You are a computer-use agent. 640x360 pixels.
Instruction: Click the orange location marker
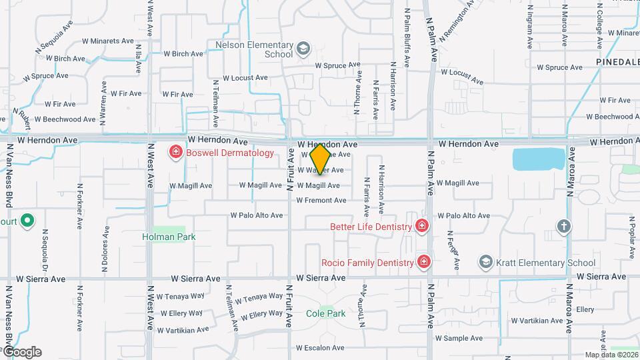[320, 159]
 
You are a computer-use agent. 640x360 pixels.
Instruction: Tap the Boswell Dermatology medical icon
[176, 153]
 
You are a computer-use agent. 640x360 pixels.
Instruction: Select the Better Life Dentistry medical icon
[421, 227]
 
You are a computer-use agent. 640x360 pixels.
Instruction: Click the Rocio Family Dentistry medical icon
[423, 262]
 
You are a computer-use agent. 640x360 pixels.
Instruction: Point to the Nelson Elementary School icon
[304, 49]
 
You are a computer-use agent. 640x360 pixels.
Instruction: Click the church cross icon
[564, 227]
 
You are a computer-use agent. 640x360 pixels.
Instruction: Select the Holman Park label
[163, 236]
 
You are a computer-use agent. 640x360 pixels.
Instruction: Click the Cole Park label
[325, 313]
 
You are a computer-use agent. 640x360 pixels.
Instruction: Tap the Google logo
[21, 352]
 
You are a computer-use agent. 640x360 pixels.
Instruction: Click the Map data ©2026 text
[611, 355]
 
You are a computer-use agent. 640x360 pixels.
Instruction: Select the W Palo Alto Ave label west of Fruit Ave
[257, 215]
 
